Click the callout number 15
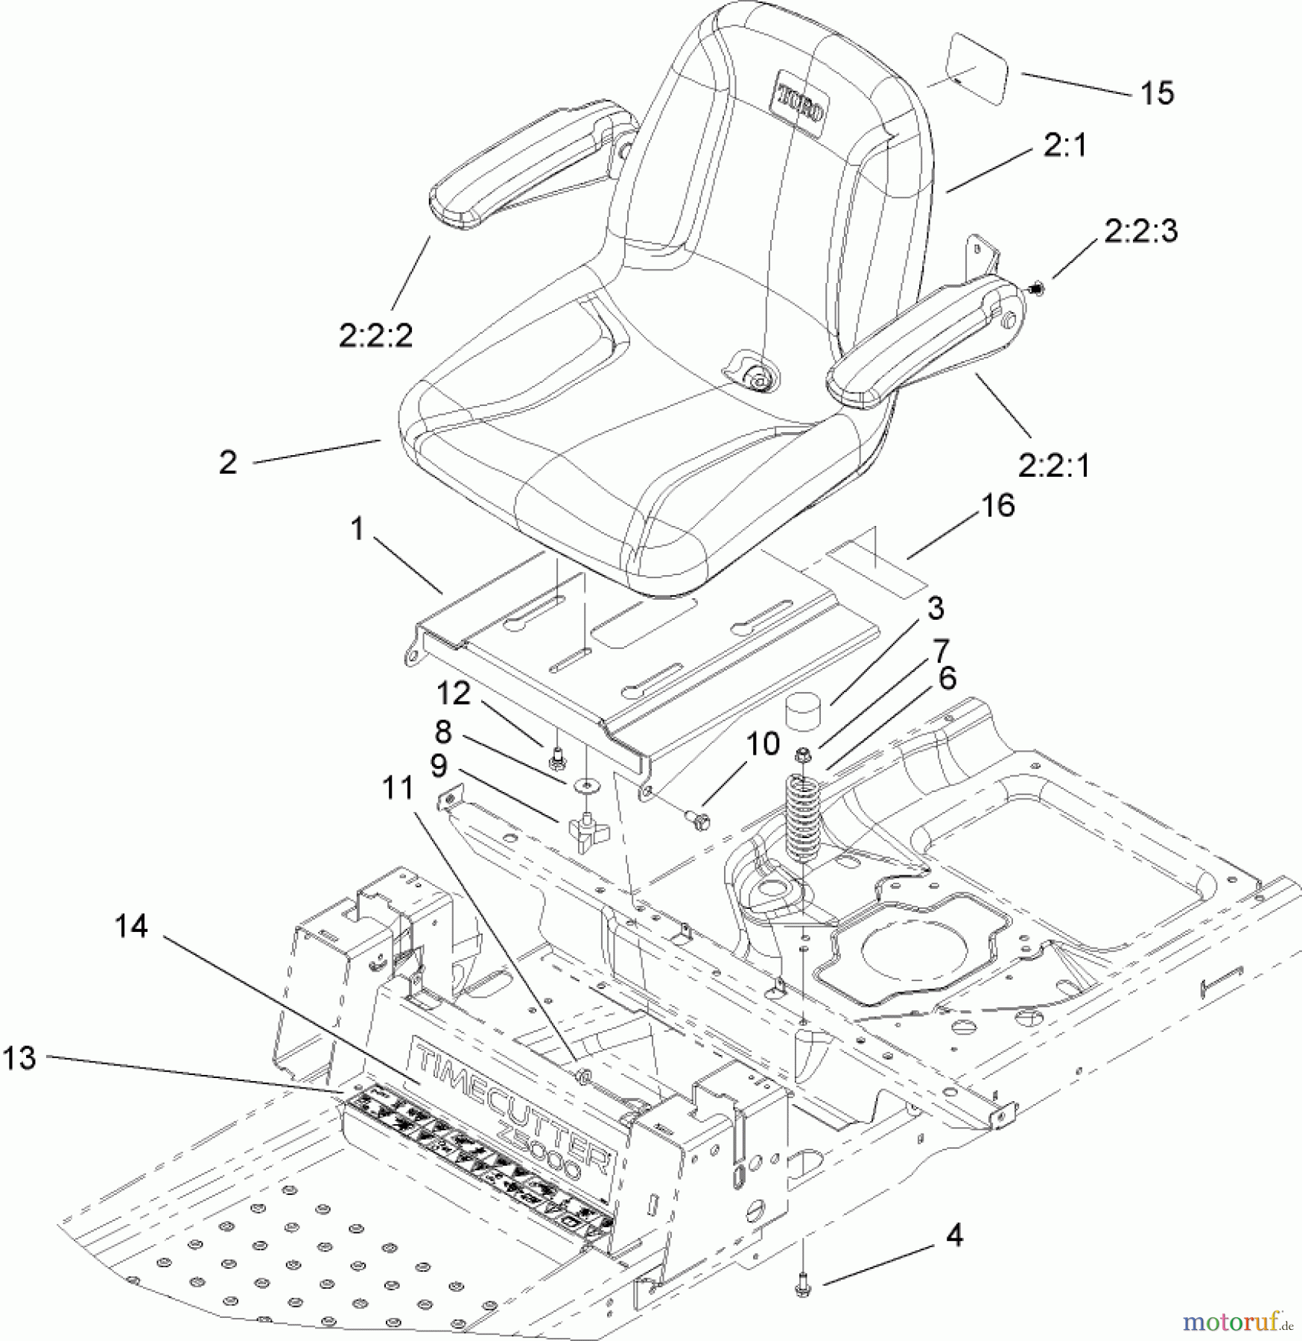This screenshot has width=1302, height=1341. click(x=1157, y=94)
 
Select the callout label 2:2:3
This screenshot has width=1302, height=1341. click(x=1140, y=231)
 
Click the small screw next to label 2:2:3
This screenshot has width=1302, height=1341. click(x=1035, y=286)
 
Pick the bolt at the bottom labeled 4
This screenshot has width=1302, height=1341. click(x=802, y=1287)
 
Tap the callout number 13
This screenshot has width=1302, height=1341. click(x=19, y=1057)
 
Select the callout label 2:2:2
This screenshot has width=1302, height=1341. click(x=375, y=336)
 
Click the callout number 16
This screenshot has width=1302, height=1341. click(x=998, y=506)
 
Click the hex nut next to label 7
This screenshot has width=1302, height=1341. click(x=803, y=755)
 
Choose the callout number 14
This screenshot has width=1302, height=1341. click(x=131, y=927)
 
